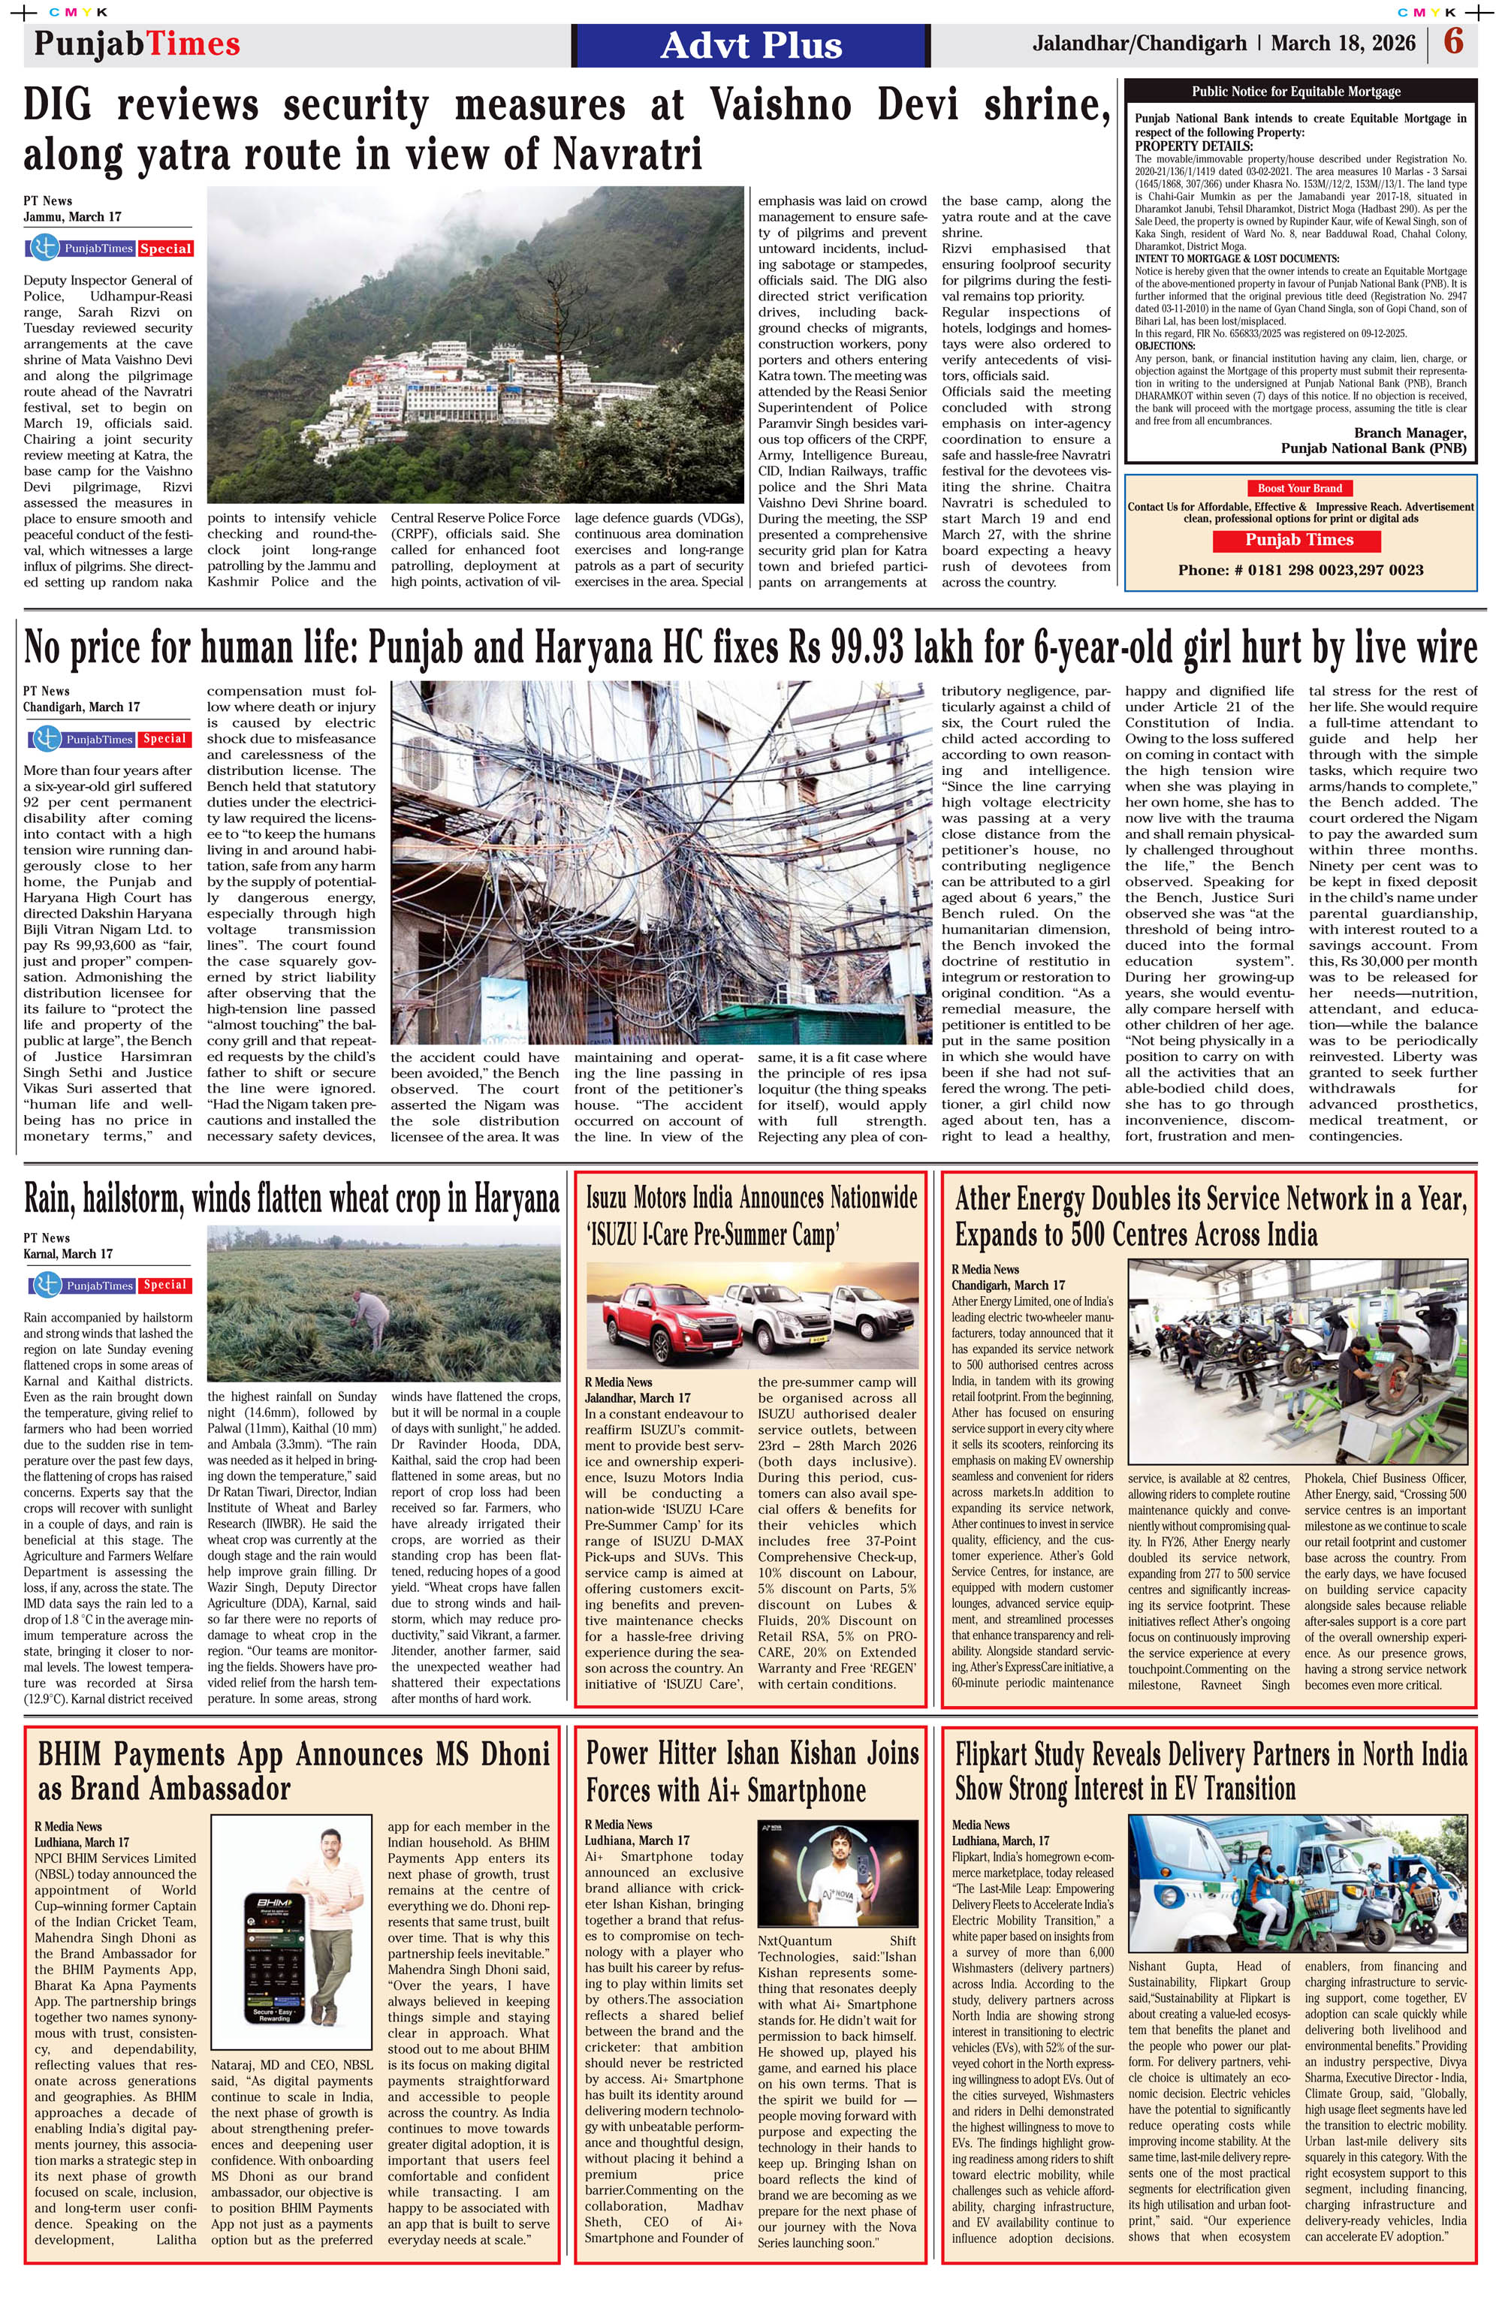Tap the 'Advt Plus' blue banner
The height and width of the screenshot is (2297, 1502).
751,45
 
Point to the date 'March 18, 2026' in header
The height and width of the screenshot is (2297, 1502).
1343,44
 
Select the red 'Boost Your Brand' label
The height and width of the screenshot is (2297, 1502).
1299,488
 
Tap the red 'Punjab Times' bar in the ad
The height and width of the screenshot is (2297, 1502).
1298,541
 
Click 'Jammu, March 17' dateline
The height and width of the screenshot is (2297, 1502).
72,217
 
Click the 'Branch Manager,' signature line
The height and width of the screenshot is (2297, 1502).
1410,433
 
